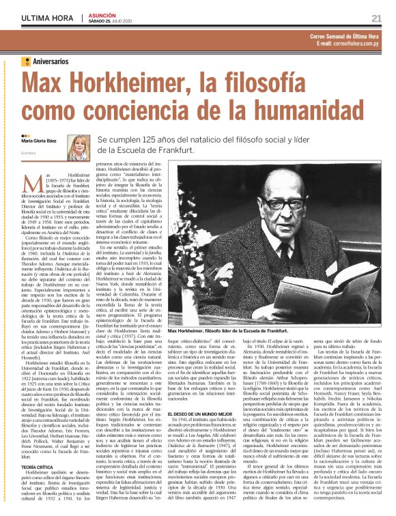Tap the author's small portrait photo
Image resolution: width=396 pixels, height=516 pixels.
pyautogui.click(x=77, y=147)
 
